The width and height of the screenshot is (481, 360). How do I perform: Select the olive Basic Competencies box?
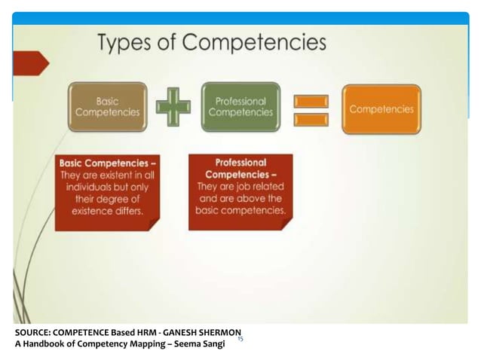click(108, 107)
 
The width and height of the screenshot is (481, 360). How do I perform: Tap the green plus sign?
click(173, 107)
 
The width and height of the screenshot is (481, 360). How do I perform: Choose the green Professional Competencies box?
click(240, 107)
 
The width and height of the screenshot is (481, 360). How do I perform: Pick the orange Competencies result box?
click(381, 108)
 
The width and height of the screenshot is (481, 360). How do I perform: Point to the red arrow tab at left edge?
click(31, 63)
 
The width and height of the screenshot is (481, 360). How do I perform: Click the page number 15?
click(240, 340)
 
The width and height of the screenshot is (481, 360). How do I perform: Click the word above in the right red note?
click(253, 198)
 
